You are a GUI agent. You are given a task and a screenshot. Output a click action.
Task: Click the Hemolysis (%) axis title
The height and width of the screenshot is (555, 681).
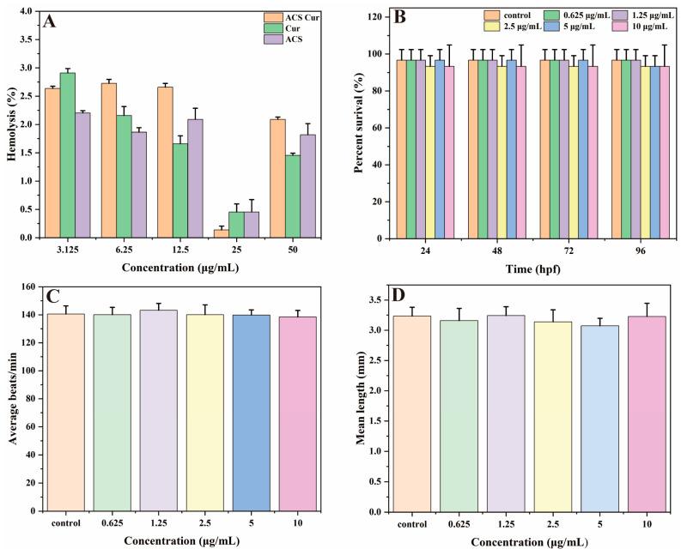9,124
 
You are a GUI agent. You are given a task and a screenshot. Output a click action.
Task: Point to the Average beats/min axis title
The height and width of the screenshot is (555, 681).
9,399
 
